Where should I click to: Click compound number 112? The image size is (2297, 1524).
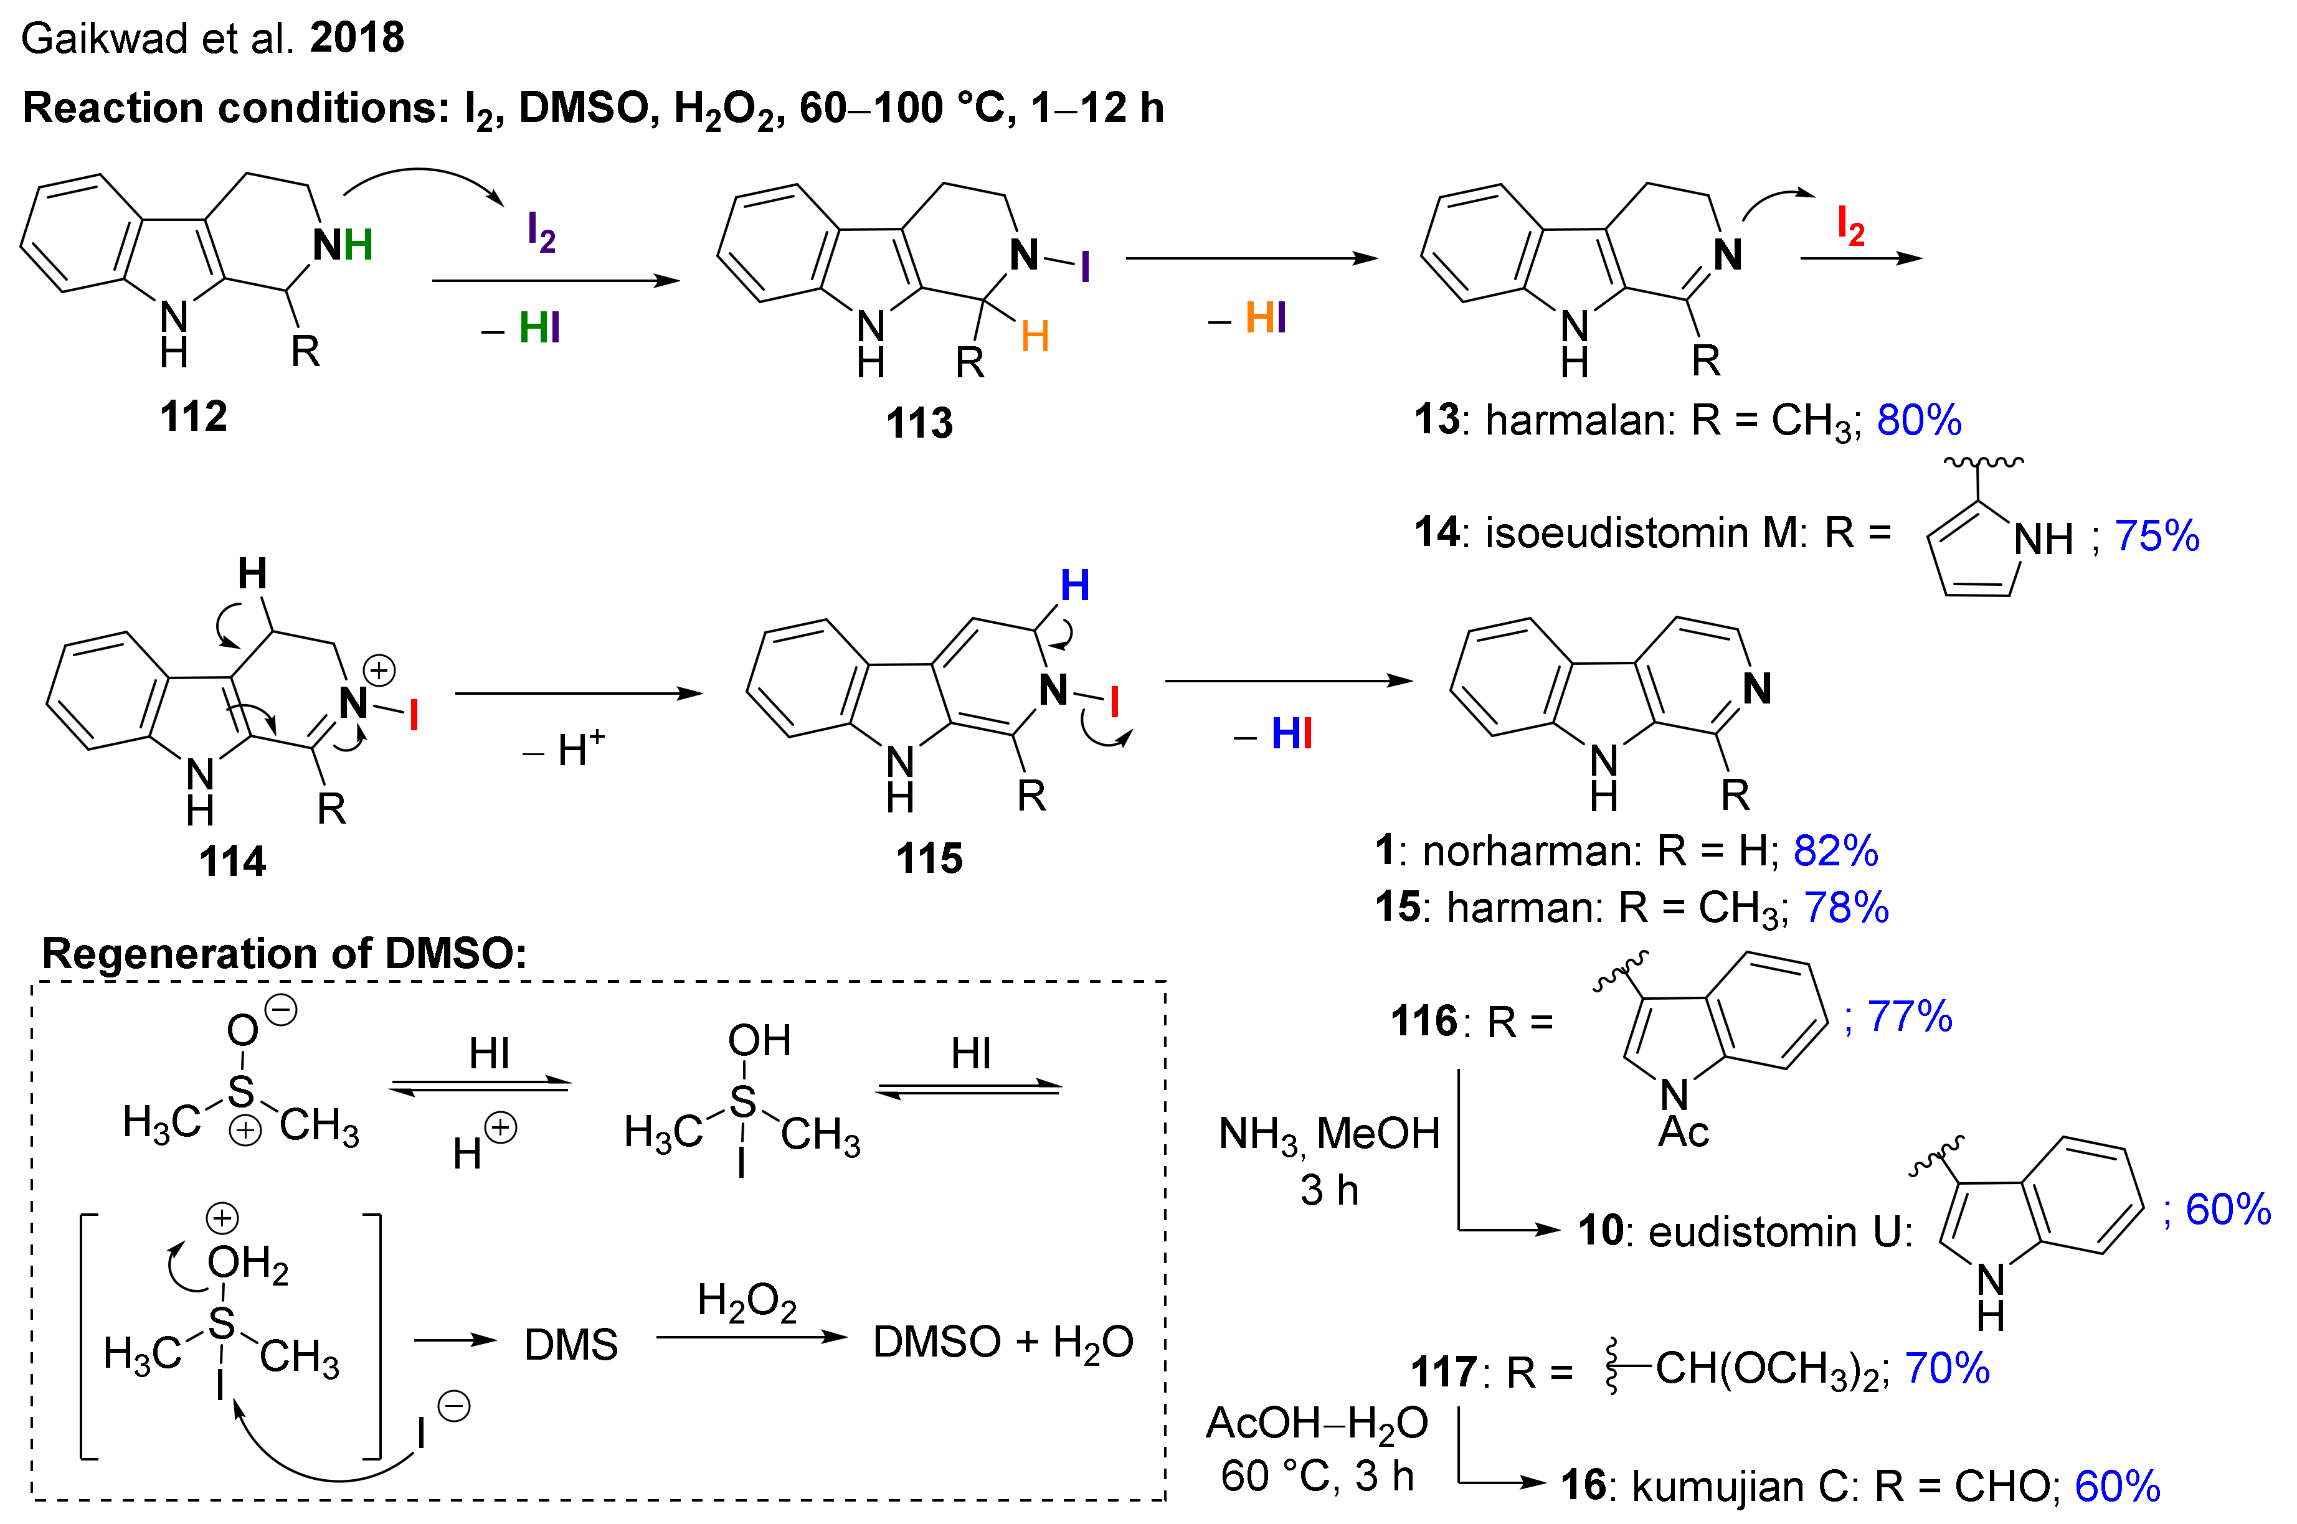[194, 416]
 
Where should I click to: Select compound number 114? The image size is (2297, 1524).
[232, 861]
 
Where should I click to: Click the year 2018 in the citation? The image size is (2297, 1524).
[357, 38]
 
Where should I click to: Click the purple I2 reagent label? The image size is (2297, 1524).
[541, 233]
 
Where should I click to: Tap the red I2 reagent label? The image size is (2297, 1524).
[1850, 225]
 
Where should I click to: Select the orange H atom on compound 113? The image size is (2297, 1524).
[1035, 337]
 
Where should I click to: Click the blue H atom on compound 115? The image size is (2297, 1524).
[1074, 585]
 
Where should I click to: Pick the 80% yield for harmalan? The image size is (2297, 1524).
[1919, 420]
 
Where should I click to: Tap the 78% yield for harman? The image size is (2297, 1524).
[1846, 907]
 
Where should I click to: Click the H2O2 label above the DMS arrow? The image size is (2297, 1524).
[747, 1301]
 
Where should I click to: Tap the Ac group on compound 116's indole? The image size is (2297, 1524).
[1683, 1131]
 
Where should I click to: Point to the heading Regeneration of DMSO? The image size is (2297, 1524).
[284, 954]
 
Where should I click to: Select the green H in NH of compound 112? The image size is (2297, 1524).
[358, 245]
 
